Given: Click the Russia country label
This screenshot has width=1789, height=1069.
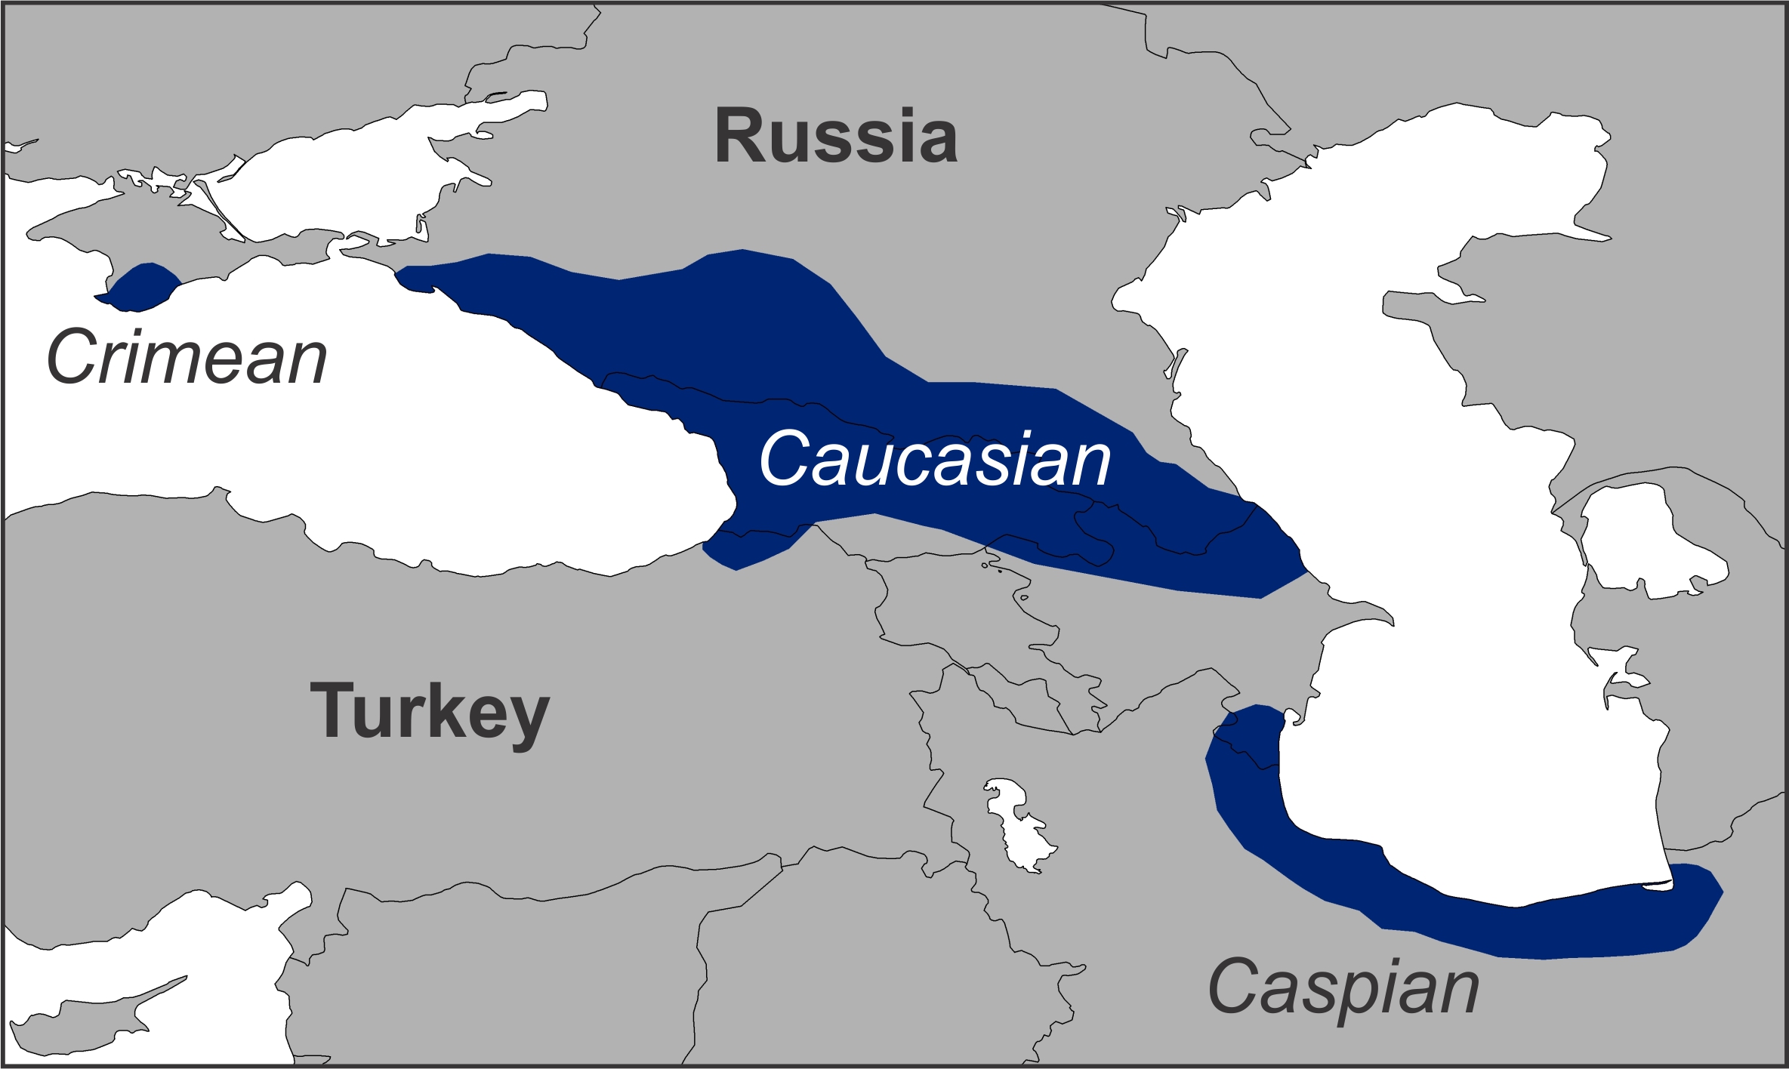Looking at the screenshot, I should [836, 136].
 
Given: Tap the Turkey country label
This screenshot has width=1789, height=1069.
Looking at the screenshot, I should [429, 711].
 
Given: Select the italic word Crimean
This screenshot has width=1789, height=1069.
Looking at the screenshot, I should [187, 357].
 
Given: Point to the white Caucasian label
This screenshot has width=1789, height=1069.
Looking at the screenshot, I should [935, 459].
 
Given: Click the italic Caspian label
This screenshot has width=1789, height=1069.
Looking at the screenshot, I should [1343, 987].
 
